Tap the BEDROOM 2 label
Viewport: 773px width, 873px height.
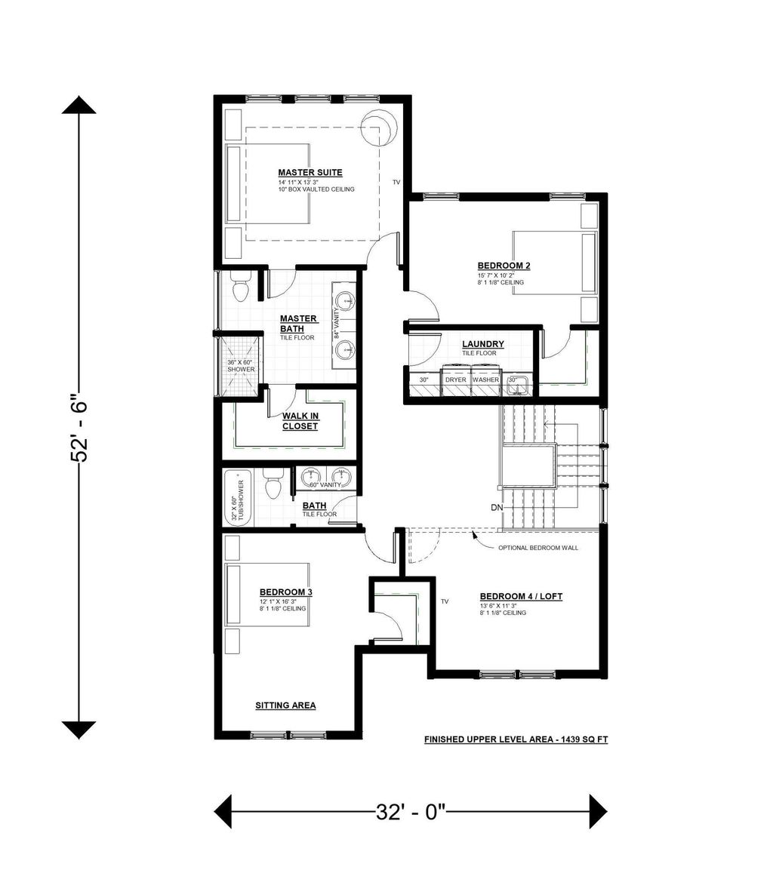pos(504,266)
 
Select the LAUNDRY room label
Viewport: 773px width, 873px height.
pos(483,344)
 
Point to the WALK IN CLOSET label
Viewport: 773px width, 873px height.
pos(300,421)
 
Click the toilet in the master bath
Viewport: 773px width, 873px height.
pos(241,289)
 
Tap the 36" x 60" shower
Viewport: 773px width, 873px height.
pos(241,366)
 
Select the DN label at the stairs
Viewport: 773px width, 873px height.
pos(496,508)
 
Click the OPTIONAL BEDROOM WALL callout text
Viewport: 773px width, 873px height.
pos(537,548)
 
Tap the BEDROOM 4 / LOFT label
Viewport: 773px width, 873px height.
pos(521,596)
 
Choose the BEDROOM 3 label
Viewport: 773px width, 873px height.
pos(285,592)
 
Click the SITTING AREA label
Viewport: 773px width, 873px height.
pos(285,705)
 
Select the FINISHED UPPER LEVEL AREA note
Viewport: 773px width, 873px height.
pos(516,740)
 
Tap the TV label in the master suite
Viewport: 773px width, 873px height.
pos(396,183)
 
